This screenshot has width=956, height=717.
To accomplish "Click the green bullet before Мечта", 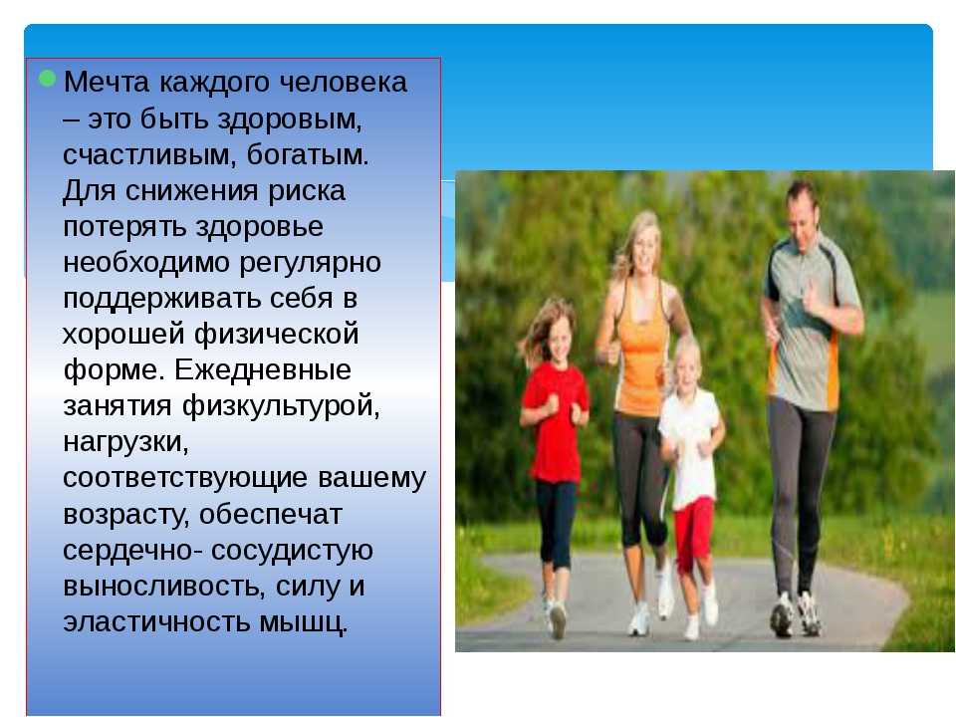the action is click(x=47, y=79).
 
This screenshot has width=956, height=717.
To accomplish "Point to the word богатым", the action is click(x=308, y=155).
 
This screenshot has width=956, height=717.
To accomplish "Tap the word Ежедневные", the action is click(x=263, y=370).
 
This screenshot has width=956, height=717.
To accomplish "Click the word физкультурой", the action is click(x=281, y=406).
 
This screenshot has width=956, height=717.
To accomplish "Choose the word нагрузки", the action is click(x=125, y=442).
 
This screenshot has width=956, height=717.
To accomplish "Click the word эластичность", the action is click(x=156, y=622).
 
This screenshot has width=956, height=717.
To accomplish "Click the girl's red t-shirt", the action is click(x=556, y=420).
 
